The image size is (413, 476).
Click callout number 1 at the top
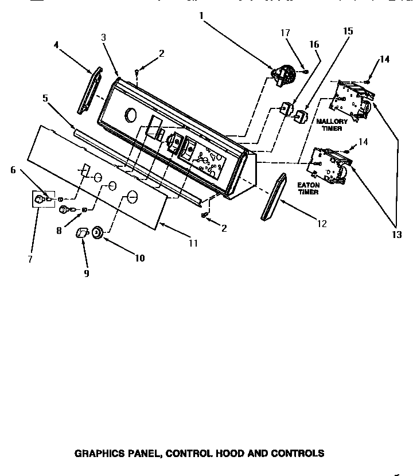click(x=201, y=16)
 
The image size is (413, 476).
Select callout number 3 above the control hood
click(x=103, y=37)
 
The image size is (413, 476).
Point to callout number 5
click(x=45, y=98)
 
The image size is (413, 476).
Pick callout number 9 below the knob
click(x=87, y=274)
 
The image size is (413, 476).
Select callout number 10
click(x=140, y=258)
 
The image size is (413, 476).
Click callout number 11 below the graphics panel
click(x=193, y=243)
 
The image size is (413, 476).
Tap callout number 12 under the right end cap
click(x=322, y=224)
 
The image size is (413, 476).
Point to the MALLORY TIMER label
click(x=332, y=125)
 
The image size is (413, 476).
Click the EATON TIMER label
click(x=308, y=189)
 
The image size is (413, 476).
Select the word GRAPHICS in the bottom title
click(x=99, y=453)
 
